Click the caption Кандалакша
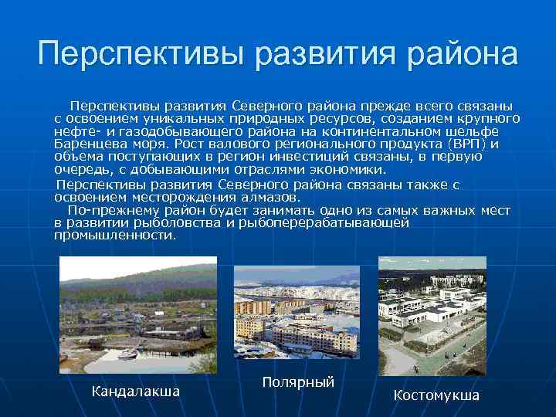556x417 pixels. (136, 392)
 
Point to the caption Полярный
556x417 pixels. (298, 382)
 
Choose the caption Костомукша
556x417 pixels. (436, 395)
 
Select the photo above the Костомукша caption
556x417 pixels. (432, 317)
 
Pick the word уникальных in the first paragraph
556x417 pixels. (184, 118)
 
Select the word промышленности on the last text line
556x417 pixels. (115, 236)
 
